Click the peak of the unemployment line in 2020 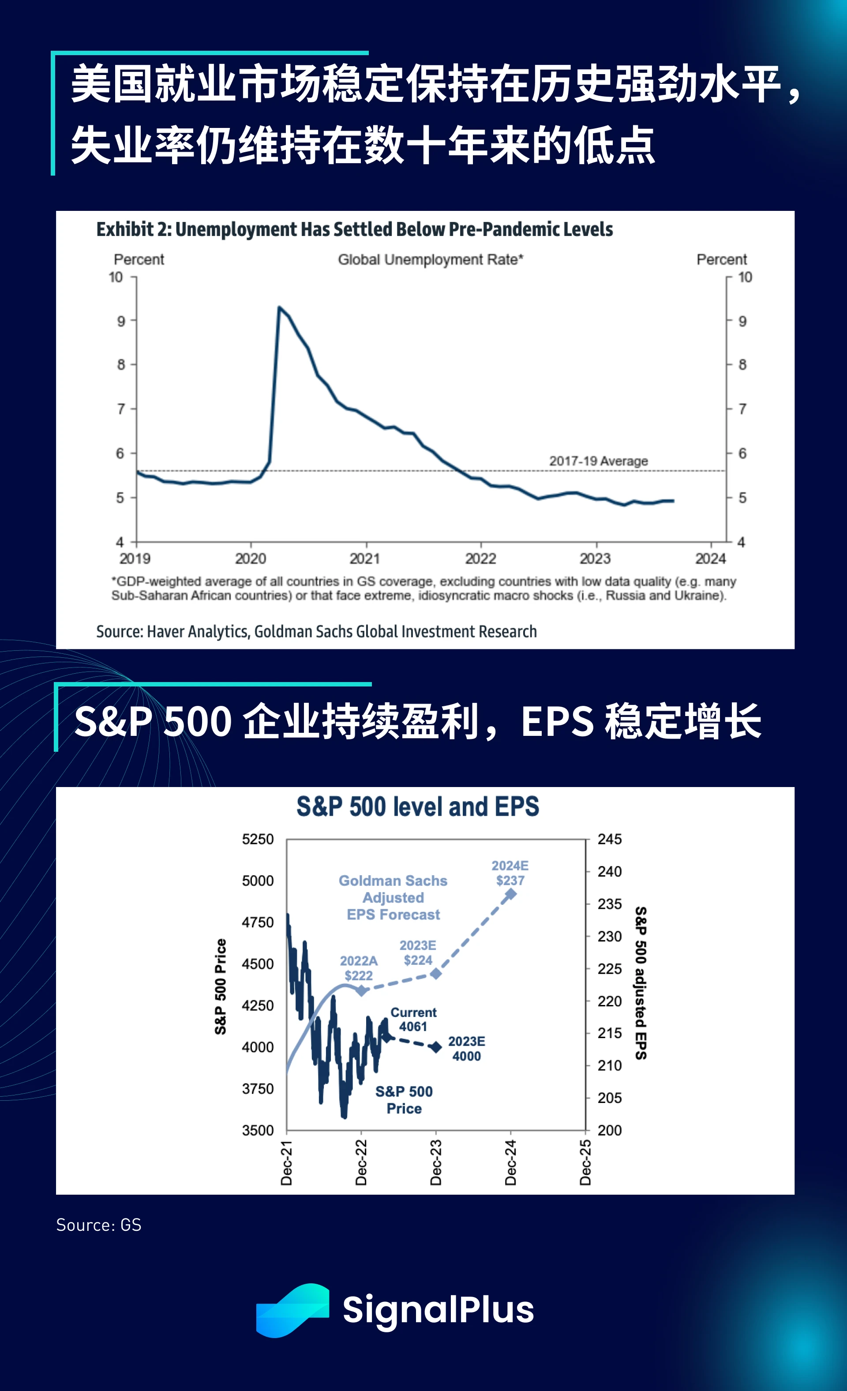point(279,307)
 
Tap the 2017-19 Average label point(598,461)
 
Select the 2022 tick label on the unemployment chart point(480,559)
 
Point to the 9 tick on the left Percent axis point(121,321)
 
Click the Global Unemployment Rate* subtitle point(430,260)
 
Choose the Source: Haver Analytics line point(316,631)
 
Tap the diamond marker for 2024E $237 point(510,894)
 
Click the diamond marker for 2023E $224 point(436,973)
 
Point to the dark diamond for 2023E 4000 point(436,1047)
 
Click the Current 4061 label point(413,1019)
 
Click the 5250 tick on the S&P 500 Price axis point(258,840)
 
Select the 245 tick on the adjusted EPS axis point(609,840)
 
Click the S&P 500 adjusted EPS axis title point(641,983)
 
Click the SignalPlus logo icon point(292,1310)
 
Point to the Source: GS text point(99,1225)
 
